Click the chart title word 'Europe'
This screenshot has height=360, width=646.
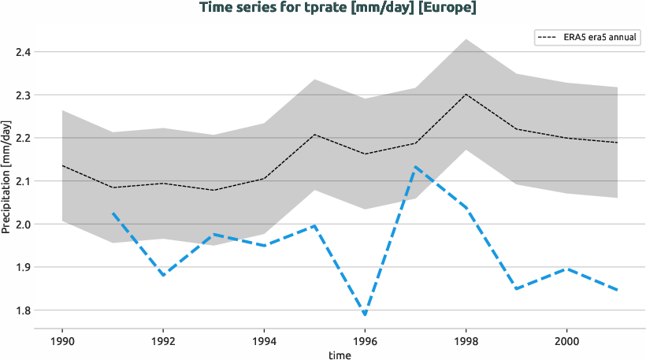point(449,8)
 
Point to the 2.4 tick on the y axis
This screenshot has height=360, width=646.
point(21,52)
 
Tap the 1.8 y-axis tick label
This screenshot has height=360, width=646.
point(21,310)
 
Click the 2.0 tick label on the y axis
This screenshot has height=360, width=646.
point(21,225)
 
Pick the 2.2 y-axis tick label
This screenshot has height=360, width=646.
point(21,138)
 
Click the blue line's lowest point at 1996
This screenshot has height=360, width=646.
point(364,315)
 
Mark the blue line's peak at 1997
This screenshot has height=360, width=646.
point(414,166)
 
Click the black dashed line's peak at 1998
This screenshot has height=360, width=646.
point(466,95)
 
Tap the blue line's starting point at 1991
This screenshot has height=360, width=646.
point(113,213)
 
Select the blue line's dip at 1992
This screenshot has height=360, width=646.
point(162,276)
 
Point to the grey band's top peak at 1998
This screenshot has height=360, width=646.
point(466,39)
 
